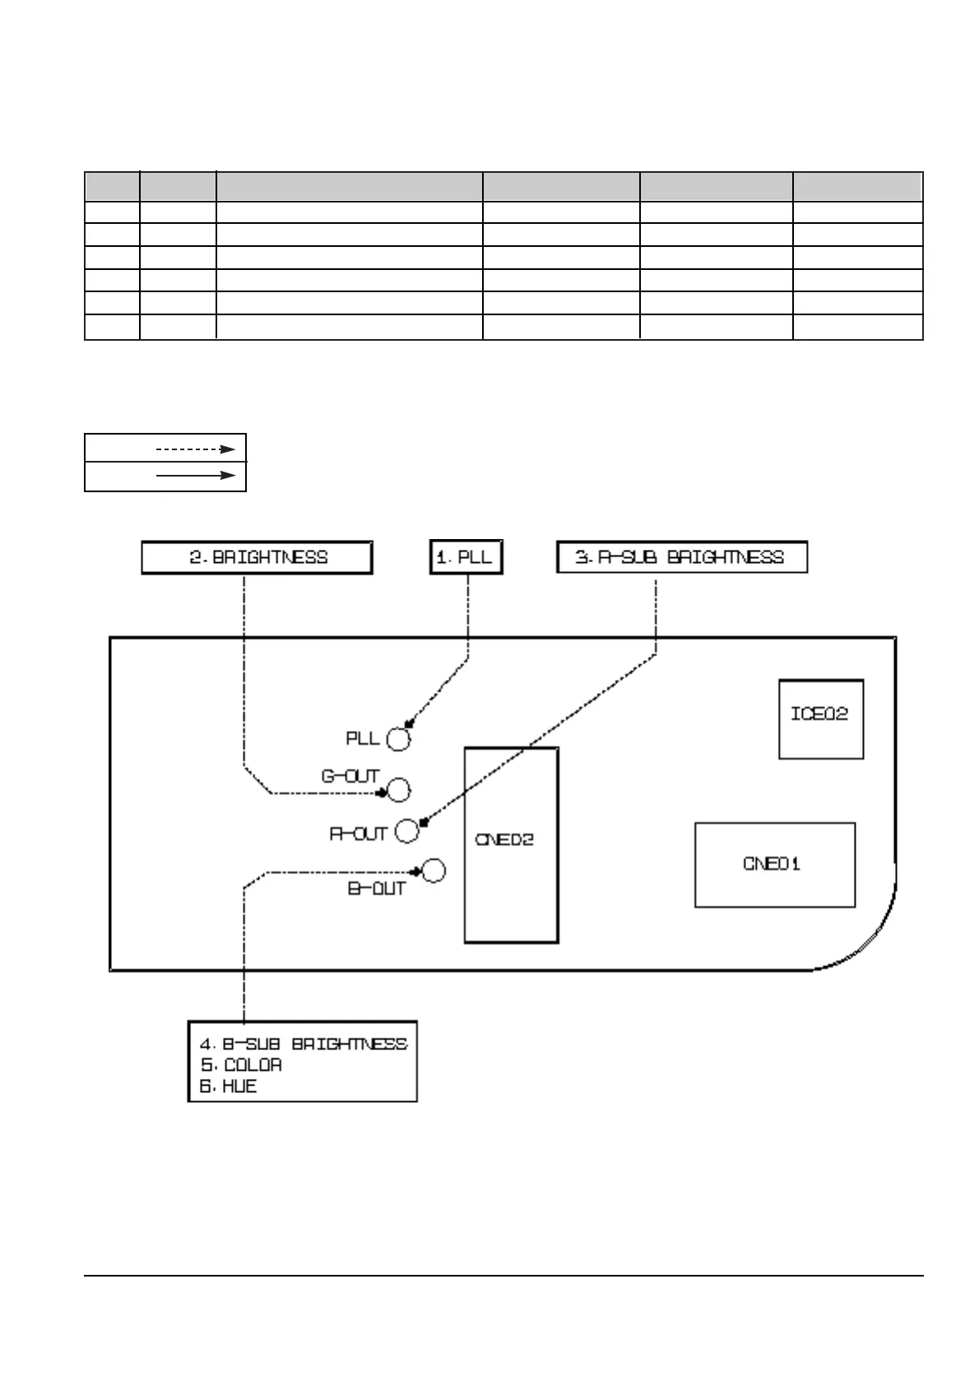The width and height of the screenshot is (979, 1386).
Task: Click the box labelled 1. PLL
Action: (x=466, y=557)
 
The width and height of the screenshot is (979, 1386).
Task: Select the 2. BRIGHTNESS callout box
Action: (x=257, y=557)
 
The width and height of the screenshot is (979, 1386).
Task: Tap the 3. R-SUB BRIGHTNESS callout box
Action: (x=681, y=557)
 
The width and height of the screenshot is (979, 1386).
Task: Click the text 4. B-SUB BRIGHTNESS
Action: (x=304, y=1044)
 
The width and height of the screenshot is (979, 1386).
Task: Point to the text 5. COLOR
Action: (x=241, y=1065)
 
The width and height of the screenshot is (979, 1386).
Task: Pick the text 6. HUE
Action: (x=229, y=1086)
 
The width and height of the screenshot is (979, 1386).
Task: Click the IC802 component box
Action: (x=820, y=719)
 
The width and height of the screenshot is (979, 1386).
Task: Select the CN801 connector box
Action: (x=774, y=864)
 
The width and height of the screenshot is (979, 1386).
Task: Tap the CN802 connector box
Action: (x=511, y=844)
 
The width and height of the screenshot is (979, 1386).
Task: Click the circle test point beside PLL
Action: (x=398, y=739)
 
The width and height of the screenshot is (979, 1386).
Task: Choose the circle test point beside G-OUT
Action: (x=398, y=790)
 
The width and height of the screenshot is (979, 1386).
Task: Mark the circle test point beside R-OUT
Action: (x=406, y=831)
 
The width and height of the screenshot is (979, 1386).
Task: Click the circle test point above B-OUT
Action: (x=434, y=871)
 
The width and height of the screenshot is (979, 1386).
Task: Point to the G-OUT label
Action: (x=350, y=777)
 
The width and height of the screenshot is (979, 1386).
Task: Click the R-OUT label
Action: (x=358, y=835)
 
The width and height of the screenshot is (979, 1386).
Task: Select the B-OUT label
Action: (x=377, y=889)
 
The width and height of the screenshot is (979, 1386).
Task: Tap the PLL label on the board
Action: (x=363, y=738)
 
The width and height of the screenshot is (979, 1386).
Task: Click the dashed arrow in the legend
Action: (x=196, y=449)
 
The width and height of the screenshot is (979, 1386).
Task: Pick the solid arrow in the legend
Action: (x=196, y=476)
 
